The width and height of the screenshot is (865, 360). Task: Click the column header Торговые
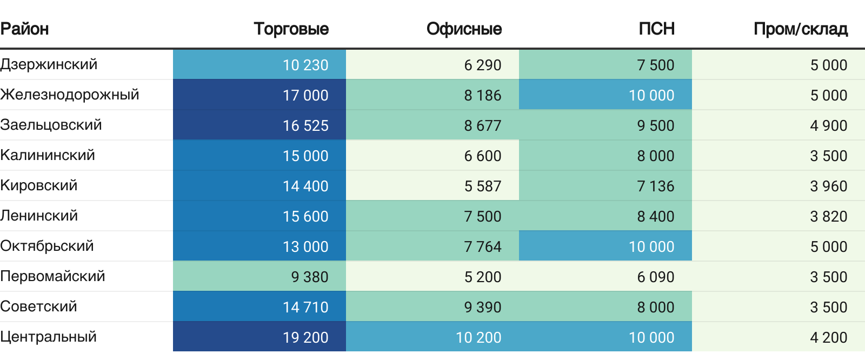[x=291, y=29]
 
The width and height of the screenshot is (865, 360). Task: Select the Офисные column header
[x=464, y=29]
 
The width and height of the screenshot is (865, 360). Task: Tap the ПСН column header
[x=656, y=29]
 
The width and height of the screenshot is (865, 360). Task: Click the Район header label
[x=25, y=29]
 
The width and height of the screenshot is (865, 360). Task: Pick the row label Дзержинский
[x=49, y=64]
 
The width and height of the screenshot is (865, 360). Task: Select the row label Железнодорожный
[x=70, y=95]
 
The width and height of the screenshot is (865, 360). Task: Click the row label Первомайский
[x=52, y=276]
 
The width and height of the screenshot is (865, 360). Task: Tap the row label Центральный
[x=49, y=337]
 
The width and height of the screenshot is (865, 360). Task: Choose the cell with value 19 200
[x=305, y=337]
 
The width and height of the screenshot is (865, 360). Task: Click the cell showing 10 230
[x=305, y=65]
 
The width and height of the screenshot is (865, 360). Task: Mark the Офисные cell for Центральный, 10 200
[x=478, y=337]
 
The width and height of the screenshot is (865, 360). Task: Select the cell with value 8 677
[x=482, y=125]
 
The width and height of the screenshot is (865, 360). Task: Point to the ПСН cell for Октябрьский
[x=651, y=246]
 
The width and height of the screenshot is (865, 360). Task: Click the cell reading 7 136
[x=655, y=186]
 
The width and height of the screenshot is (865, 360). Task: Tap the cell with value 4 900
[x=828, y=125]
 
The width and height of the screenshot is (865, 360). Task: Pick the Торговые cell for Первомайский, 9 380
[x=309, y=277]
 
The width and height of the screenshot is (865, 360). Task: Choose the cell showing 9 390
[x=482, y=307]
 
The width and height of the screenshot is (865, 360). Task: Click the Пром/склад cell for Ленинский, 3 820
[x=828, y=216]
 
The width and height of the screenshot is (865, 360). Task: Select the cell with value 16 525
[x=305, y=125]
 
